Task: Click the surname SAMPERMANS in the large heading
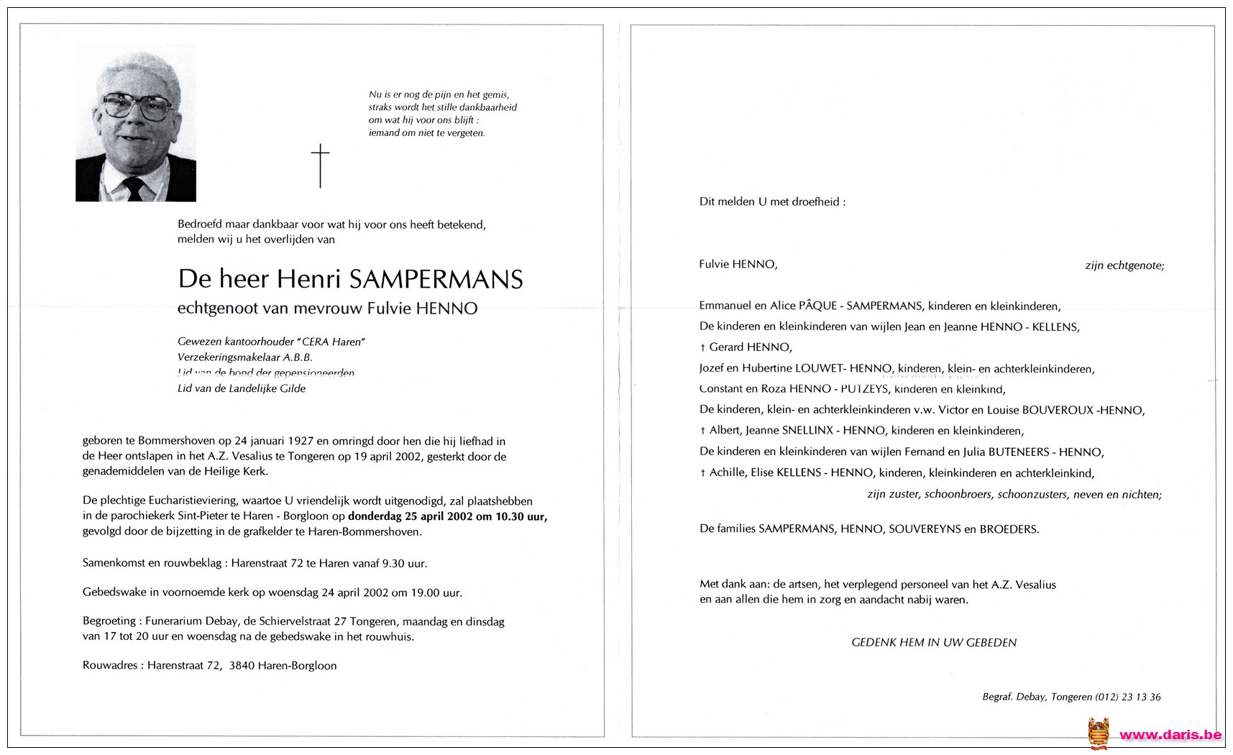(x=436, y=279)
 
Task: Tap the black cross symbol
(x=320, y=165)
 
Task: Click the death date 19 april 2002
(x=385, y=457)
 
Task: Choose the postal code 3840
(x=241, y=665)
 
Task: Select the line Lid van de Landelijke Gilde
(x=242, y=388)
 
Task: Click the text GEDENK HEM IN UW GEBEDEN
(x=933, y=642)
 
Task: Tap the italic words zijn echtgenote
(x=1124, y=265)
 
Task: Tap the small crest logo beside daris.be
(x=1097, y=733)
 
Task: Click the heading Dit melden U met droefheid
(x=772, y=202)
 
